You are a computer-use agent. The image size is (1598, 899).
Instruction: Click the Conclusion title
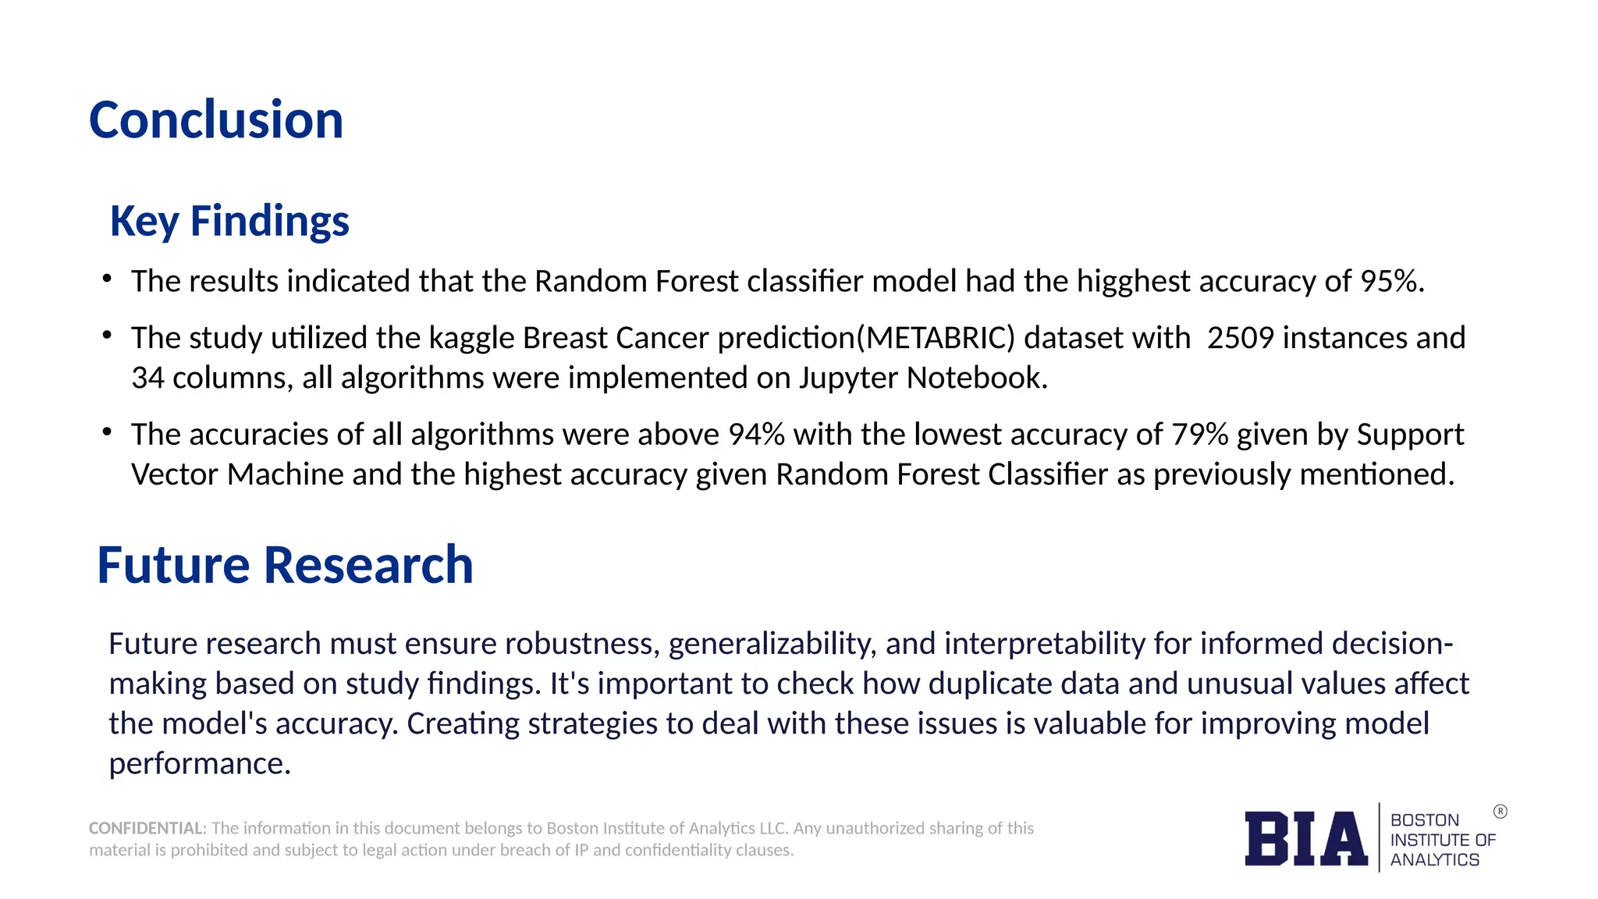216,121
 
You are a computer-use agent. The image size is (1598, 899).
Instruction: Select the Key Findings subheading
229,221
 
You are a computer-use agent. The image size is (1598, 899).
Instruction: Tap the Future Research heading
285,565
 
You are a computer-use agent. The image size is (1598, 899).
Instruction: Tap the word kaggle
471,338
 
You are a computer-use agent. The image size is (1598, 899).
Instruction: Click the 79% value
1200,435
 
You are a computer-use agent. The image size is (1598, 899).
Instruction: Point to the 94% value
756,435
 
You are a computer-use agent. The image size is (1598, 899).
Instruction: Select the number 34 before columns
147,378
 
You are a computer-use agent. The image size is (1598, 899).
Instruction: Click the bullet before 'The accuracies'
108,432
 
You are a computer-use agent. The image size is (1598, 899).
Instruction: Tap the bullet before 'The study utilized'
108,336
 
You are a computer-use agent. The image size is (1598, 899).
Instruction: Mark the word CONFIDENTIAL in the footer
146,828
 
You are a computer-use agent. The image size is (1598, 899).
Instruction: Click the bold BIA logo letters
1305,839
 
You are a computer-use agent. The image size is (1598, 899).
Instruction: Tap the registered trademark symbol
1500,812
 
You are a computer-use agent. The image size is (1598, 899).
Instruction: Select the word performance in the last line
199,763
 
